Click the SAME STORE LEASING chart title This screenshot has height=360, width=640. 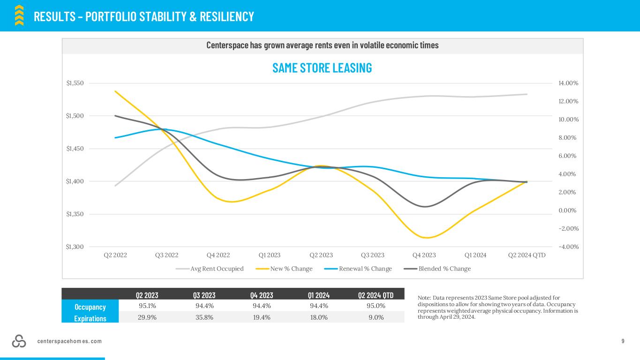tap(322, 68)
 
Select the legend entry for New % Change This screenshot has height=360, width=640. tap(284, 269)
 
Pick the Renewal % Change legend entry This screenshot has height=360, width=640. tap(358, 269)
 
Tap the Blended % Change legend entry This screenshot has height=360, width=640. tap(437, 269)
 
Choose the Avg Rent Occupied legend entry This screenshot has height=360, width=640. tap(210, 269)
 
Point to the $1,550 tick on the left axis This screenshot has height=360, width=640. tap(75, 83)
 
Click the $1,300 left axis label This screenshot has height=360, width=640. tap(75, 247)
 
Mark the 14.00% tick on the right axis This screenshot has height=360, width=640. tap(568, 83)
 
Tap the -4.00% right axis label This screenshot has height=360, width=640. tap(569, 247)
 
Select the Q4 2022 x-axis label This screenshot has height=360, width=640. tap(218, 255)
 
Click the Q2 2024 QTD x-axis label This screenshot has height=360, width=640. tap(527, 255)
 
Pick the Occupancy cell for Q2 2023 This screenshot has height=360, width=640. tap(147, 306)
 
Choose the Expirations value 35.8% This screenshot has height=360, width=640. tap(204, 317)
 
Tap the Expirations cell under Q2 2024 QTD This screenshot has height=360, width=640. tap(376, 317)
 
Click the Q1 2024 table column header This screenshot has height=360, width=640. tap(319, 295)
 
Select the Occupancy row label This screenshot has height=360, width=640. tap(90, 307)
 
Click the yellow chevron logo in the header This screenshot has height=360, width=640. tap(19, 15)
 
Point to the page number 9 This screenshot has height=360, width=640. tap(623, 341)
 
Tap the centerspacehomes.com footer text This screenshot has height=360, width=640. tap(69, 341)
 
